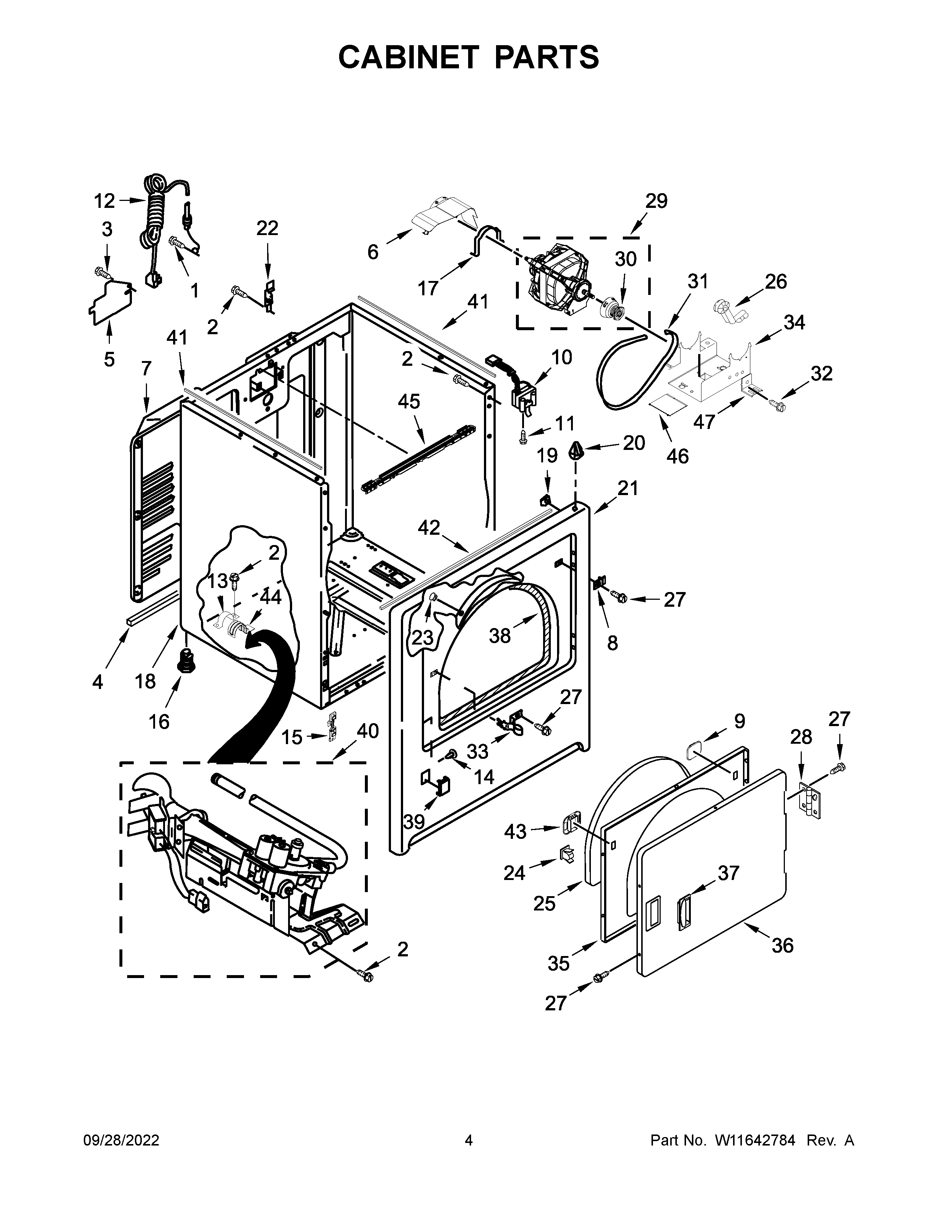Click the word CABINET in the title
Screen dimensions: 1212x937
point(408,57)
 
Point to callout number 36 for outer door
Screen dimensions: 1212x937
point(782,945)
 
